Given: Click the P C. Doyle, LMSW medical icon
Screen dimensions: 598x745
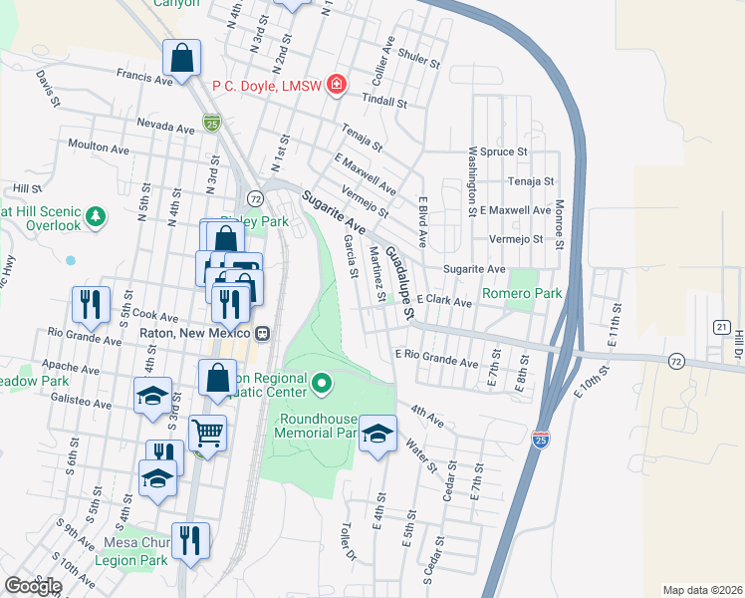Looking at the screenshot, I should point(337,84).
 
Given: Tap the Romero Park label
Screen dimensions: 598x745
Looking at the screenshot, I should point(522,294).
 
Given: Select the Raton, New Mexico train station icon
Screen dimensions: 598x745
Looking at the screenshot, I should point(262,333).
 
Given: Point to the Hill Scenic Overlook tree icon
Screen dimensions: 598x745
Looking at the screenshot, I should point(96,215).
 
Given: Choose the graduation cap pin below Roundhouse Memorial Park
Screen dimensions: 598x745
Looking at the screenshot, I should point(377,434).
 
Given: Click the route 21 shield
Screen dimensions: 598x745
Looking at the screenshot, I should point(722,326).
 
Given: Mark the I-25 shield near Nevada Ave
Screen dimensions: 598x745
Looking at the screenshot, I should point(211,123).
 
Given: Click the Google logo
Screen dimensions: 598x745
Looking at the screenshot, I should point(33,586).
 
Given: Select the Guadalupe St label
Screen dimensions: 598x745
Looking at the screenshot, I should point(399,283).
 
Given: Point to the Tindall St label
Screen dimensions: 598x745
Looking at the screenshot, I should point(384,102).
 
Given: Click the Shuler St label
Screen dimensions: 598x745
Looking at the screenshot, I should point(418,59).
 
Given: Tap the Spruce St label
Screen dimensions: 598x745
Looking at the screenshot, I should point(503,151).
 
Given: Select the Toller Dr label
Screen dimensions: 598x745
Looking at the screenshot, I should point(346,539).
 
